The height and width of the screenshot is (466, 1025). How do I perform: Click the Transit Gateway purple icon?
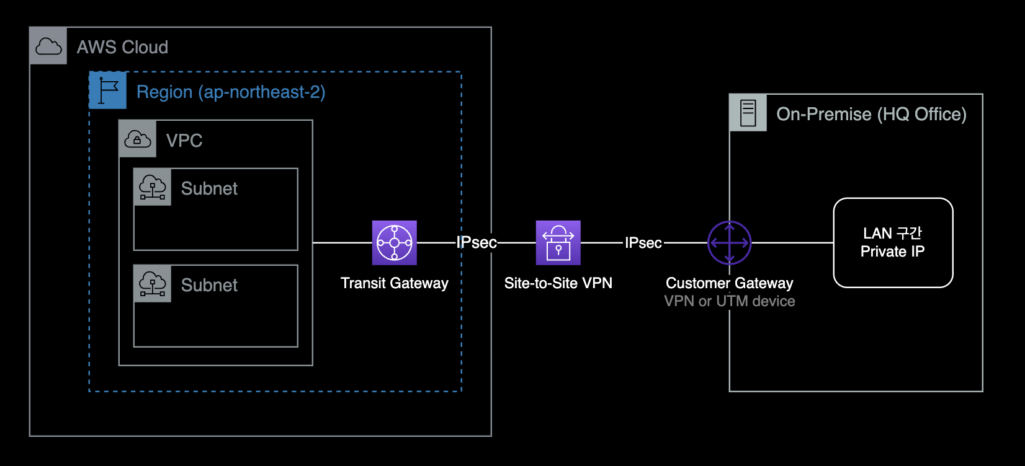pyautogui.click(x=394, y=242)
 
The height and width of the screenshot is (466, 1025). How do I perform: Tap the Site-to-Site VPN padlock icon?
pyautogui.click(x=558, y=242)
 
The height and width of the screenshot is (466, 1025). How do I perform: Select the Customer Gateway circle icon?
pyautogui.click(x=729, y=242)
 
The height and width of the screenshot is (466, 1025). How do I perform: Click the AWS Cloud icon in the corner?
pyautogui.click(x=48, y=46)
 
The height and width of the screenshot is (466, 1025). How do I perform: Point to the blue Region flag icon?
pyautogui.click(x=108, y=90)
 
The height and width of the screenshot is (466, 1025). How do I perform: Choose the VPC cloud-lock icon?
pyautogui.click(x=138, y=139)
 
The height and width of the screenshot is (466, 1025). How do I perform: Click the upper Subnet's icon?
pyautogui.click(x=153, y=187)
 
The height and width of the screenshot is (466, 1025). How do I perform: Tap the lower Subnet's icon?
pyautogui.click(x=153, y=284)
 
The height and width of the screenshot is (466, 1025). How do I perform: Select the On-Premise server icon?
pyautogui.click(x=748, y=113)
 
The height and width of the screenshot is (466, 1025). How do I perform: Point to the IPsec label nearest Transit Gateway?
pyautogui.click(x=477, y=242)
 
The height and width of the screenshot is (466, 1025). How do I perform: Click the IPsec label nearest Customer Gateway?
pyautogui.click(x=643, y=243)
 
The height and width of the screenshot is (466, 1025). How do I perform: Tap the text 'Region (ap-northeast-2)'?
pyautogui.click(x=231, y=92)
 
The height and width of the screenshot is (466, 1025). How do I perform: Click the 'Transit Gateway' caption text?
pyautogui.click(x=394, y=283)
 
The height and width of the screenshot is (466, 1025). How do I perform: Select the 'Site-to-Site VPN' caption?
pyautogui.click(x=558, y=283)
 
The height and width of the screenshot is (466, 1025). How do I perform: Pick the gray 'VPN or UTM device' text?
pyautogui.click(x=729, y=301)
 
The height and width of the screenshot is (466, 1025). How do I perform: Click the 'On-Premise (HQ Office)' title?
pyautogui.click(x=871, y=114)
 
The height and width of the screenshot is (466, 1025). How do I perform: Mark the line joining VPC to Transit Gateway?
pyautogui.click(x=342, y=243)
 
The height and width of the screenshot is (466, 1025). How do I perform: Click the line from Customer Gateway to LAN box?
pyautogui.click(x=792, y=243)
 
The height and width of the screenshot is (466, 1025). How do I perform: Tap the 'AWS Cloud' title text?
pyautogui.click(x=122, y=47)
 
